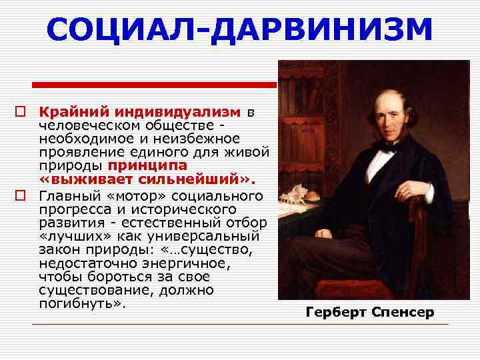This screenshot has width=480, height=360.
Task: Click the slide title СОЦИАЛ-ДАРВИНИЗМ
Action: [x=240, y=30]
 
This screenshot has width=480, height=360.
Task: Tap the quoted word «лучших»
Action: [x=71, y=237]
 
